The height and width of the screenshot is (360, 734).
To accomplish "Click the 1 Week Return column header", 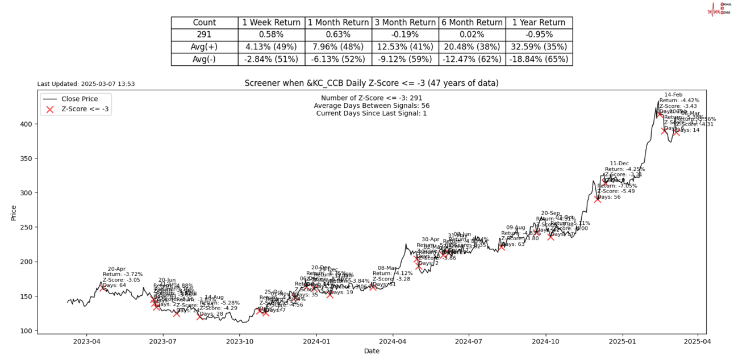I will point(271,23).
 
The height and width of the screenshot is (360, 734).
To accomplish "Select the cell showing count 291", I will point(205,35).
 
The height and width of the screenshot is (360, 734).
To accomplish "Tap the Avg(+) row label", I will point(205,47).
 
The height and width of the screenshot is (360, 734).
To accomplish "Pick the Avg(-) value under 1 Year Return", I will point(539,59).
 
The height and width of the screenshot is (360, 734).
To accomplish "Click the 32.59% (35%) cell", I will point(539,47).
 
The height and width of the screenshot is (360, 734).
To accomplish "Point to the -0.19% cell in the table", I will point(405,35).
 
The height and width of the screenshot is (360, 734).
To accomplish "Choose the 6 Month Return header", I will point(472,23).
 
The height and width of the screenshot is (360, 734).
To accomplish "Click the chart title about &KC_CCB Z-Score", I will point(371,83).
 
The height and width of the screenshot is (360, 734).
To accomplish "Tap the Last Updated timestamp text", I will point(86,84).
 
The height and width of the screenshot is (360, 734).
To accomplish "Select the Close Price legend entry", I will point(80,99).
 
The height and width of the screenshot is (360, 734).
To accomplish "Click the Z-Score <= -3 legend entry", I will point(85,109).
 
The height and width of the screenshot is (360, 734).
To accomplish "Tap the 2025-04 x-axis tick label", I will point(699,342).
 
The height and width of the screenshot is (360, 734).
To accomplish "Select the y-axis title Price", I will point(14,212).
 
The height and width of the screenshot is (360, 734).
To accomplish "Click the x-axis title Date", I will point(372,351).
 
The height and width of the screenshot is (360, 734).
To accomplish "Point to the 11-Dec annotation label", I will point(619,164).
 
